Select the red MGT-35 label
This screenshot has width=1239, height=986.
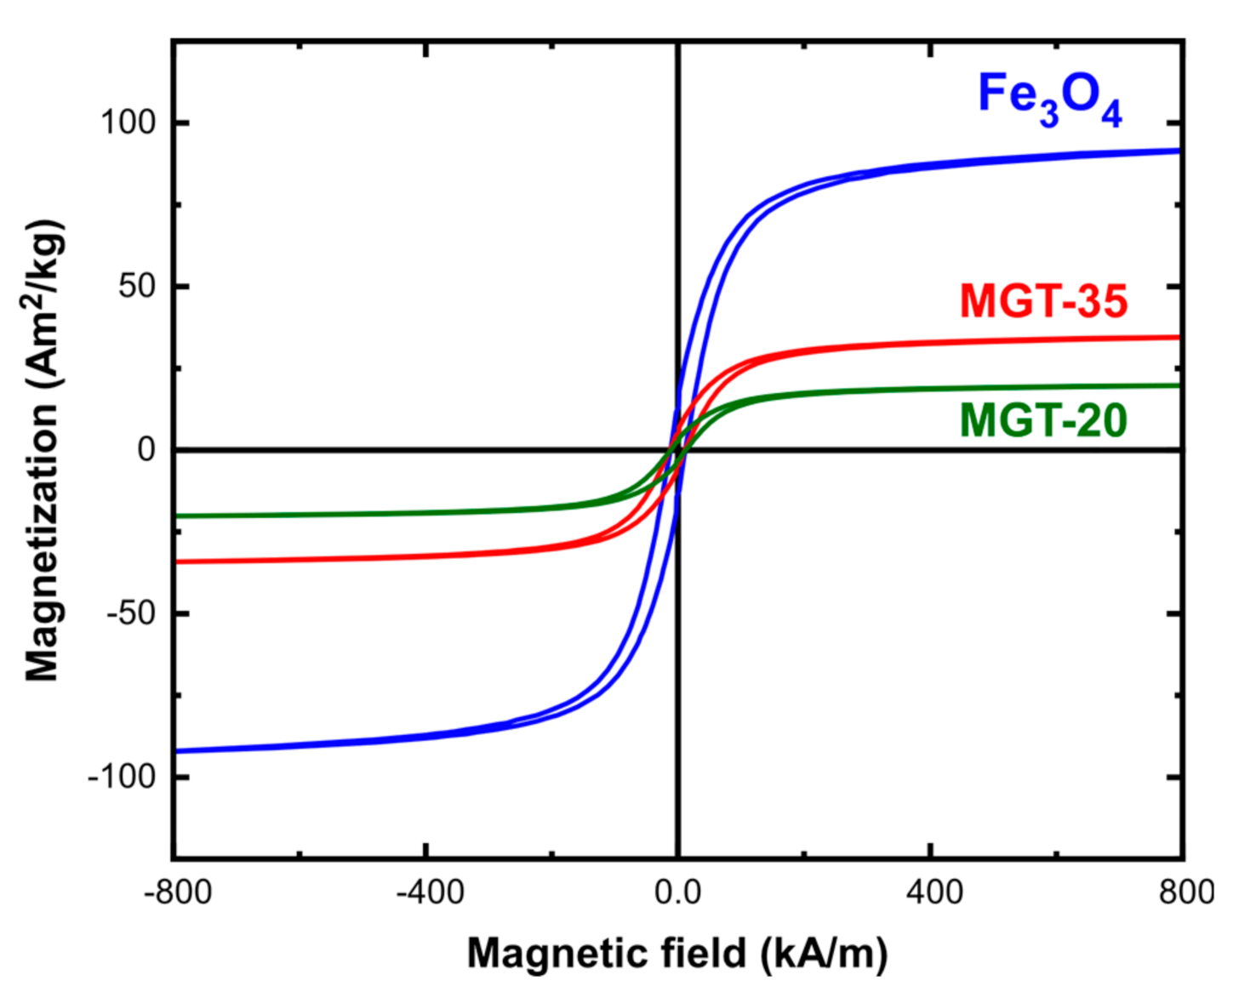click(1043, 301)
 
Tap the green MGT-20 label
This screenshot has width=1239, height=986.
click(1043, 420)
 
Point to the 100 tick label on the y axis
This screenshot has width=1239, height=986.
click(128, 123)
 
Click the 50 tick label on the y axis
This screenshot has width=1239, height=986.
click(137, 286)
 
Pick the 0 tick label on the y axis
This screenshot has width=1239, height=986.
click(147, 449)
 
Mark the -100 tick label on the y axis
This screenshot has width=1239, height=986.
click(122, 777)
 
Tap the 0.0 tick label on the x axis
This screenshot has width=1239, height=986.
click(677, 892)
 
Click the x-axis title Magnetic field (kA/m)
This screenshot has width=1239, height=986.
click(677, 953)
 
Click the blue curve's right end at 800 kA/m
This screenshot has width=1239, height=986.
click(1178, 151)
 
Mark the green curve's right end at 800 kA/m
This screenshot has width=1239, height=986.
click(1178, 386)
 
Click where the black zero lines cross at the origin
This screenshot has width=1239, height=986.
click(678, 449)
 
